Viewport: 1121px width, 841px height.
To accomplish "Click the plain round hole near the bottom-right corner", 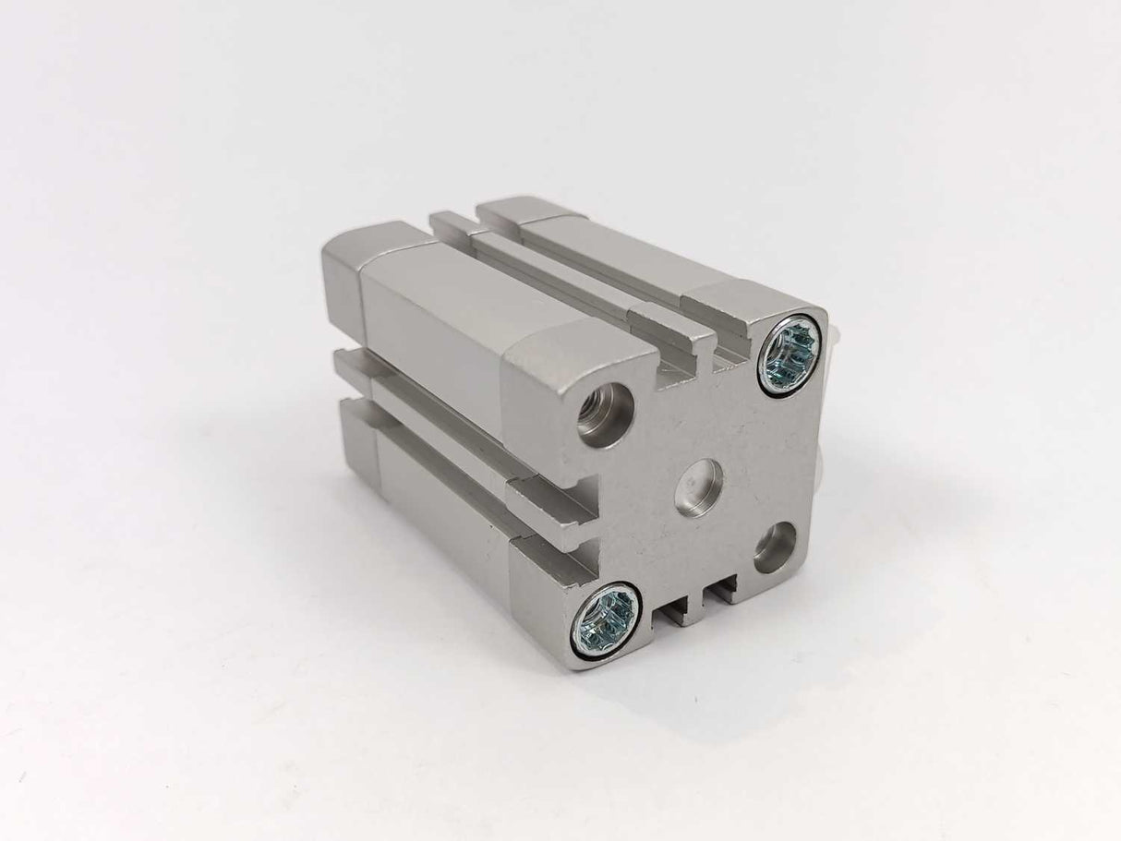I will (x=775, y=546).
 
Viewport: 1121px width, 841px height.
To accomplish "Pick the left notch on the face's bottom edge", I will (x=673, y=605).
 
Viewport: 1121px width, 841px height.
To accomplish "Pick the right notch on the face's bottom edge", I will (x=722, y=586).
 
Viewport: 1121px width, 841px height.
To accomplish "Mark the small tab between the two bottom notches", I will (x=698, y=598).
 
